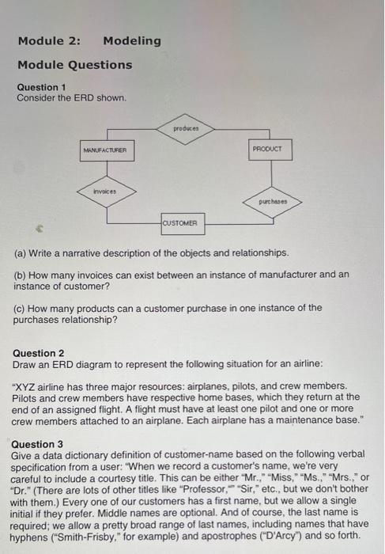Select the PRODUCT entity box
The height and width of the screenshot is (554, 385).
pos(271,149)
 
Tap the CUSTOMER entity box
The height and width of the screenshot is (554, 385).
pos(183,223)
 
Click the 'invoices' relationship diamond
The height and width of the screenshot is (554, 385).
pos(105,191)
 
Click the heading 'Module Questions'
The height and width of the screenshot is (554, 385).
pos(75,64)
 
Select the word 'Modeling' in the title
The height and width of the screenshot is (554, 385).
pos(131,40)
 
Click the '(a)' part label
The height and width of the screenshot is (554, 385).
pos(21,252)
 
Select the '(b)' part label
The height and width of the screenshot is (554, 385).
pos(21,274)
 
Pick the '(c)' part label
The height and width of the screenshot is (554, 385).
pos(21,307)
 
